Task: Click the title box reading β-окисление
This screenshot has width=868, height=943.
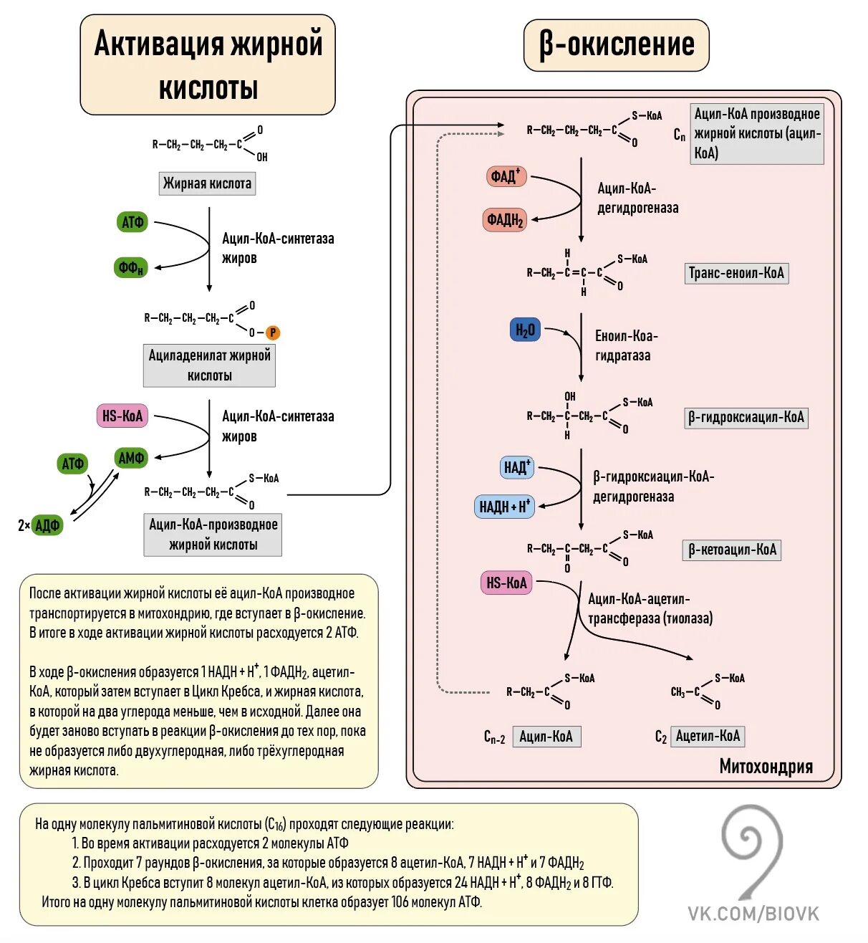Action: point(616,45)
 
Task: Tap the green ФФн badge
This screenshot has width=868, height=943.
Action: point(131,267)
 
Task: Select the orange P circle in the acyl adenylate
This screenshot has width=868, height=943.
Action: point(273,332)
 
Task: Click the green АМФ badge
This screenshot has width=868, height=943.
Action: point(131,458)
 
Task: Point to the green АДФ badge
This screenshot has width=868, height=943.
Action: point(47,525)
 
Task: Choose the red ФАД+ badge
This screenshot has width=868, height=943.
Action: point(506,176)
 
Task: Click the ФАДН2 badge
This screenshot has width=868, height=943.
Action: point(506,220)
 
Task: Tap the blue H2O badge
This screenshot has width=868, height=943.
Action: point(525,330)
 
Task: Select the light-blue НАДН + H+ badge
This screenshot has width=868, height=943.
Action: point(505,507)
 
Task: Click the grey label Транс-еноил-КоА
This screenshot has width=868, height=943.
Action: point(736,273)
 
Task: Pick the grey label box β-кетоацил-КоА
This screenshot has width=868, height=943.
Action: point(732,550)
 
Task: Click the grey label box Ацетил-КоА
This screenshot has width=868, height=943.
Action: point(708,736)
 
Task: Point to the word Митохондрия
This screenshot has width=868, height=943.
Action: point(766,767)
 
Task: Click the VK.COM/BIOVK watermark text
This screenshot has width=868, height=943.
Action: point(753,914)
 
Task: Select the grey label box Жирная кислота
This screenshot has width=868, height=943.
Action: point(207,183)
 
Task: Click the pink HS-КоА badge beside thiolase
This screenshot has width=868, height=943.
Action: point(506,583)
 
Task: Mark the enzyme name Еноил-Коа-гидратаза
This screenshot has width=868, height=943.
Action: point(625,345)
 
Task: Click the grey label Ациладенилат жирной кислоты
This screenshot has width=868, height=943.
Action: point(209,365)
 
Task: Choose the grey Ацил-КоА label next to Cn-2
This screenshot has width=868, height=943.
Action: point(546,736)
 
